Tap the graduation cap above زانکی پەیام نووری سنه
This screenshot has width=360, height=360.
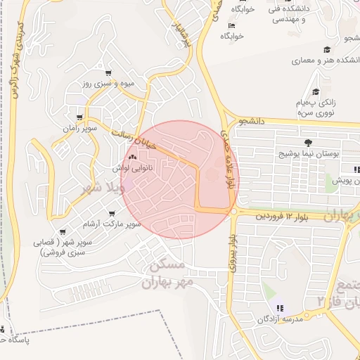316,91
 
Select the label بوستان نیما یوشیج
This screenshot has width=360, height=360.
310,153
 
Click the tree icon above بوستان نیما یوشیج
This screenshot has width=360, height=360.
309,143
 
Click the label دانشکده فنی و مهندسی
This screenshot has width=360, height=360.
295,15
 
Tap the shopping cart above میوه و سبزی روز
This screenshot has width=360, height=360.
108,73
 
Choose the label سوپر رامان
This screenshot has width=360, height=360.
79,129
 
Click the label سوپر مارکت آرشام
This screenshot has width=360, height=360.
112,224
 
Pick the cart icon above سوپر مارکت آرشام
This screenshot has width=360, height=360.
112,213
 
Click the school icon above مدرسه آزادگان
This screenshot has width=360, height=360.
279,309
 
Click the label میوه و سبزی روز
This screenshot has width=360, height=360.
105,84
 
